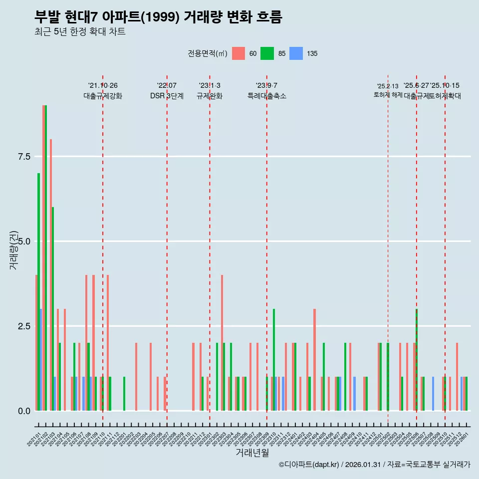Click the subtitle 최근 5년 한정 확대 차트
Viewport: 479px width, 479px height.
coord(80,32)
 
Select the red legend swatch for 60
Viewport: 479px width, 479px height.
coord(239,53)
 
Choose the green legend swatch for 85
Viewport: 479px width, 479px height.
coord(267,53)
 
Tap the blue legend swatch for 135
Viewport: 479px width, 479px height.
coord(296,53)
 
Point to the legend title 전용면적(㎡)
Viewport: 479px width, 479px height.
coord(208,53)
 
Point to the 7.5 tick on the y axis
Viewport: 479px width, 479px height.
coord(24,157)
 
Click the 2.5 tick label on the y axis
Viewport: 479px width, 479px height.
coord(24,326)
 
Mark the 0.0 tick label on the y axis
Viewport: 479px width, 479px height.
coord(24,411)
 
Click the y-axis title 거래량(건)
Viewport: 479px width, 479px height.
coord(14,249)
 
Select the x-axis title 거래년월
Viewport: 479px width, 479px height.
coord(252,453)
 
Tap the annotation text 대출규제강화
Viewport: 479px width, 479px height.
coord(103,96)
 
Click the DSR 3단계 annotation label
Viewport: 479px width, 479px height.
coord(167,96)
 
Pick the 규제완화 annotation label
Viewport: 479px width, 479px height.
coord(210,96)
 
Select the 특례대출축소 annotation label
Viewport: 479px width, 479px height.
coord(267,96)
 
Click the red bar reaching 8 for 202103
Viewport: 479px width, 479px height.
coord(51,274)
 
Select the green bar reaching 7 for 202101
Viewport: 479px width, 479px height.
coord(38,292)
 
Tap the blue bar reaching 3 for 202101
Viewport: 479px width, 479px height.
coord(41,359)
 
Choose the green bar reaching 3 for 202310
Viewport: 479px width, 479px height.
coord(274,359)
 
